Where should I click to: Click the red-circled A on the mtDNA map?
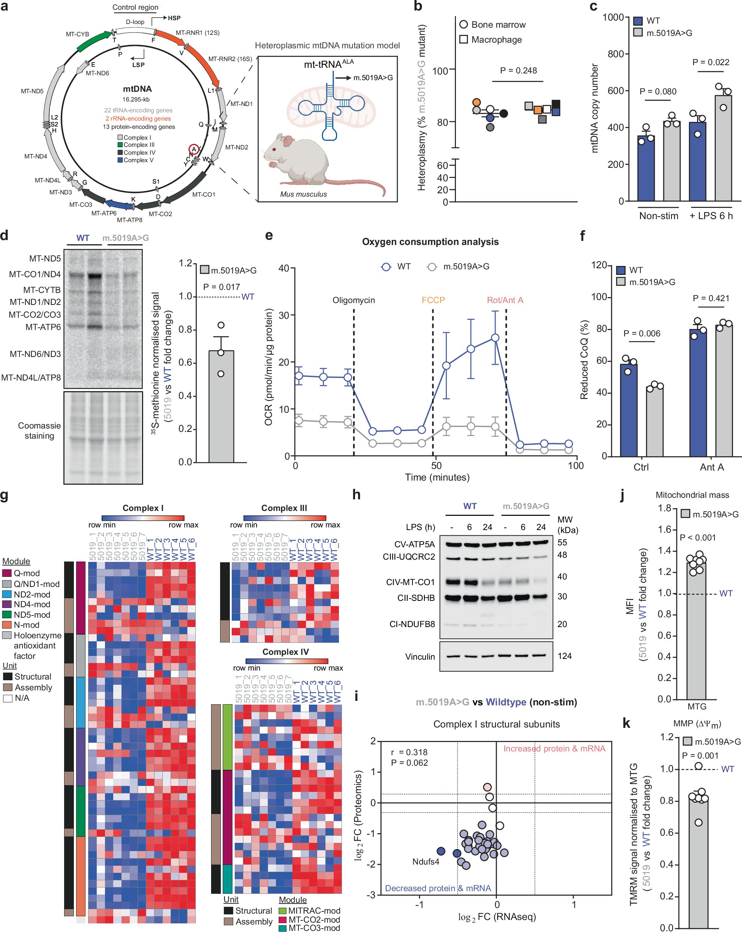(194, 149)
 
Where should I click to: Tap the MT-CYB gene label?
(78, 34)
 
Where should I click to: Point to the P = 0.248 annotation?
(518, 70)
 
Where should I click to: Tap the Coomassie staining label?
(39, 430)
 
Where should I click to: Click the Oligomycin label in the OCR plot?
(354, 300)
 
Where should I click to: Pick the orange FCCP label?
(433, 300)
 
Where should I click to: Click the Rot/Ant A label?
(505, 300)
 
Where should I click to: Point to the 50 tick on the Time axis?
(436, 466)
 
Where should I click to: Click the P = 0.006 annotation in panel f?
(642, 333)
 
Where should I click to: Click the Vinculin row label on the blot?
(420, 657)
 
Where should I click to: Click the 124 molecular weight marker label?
(565, 656)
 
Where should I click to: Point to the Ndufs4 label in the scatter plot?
(425, 862)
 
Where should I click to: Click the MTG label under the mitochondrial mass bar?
(697, 706)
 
